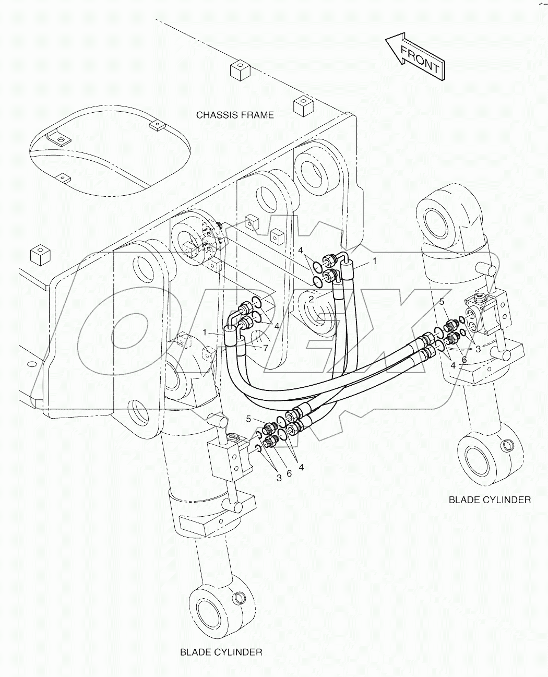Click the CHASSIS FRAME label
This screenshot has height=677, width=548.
click(x=234, y=115)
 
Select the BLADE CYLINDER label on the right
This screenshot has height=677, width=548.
click(x=490, y=500)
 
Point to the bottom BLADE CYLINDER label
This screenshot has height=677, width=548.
click(x=221, y=652)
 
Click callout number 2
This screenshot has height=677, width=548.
click(x=311, y=299)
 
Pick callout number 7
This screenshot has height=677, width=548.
click(x=266, y=347)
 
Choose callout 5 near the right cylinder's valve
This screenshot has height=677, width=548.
click(x=442, y=301)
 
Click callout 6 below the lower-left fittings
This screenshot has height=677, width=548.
click(x=289, y=473)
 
